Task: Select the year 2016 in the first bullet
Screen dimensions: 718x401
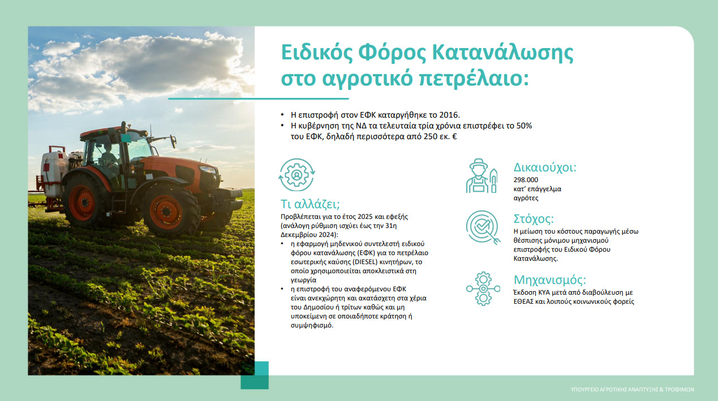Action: [x=449, y=115]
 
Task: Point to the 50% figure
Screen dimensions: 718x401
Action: [x=524, y=126]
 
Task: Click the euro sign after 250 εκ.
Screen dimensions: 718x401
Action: [x=454, y=136]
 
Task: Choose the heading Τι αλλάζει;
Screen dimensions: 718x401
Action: [x=310, y=204]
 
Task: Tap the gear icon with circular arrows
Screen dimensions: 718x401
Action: [x=297, y=175]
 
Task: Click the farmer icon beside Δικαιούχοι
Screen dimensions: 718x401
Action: [x=481, y=176]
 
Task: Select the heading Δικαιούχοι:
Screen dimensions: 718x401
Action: [x=545, y=167]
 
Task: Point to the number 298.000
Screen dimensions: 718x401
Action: [x=526, y=180]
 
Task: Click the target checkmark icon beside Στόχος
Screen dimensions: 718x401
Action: [x=483, y=227]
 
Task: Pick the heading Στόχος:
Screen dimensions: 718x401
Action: [x=534, y=219]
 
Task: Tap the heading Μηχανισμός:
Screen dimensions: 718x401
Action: [x=550, y=280]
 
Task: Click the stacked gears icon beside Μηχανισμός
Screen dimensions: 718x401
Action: [x=483, y=288]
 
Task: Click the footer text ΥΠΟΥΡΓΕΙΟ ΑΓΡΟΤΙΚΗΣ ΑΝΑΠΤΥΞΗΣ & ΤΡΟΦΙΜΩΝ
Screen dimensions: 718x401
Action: [x=632, y=390]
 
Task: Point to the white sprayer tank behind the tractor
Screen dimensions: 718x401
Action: [x=54, y=174]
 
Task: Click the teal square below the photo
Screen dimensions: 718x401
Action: [x=255, y=375]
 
